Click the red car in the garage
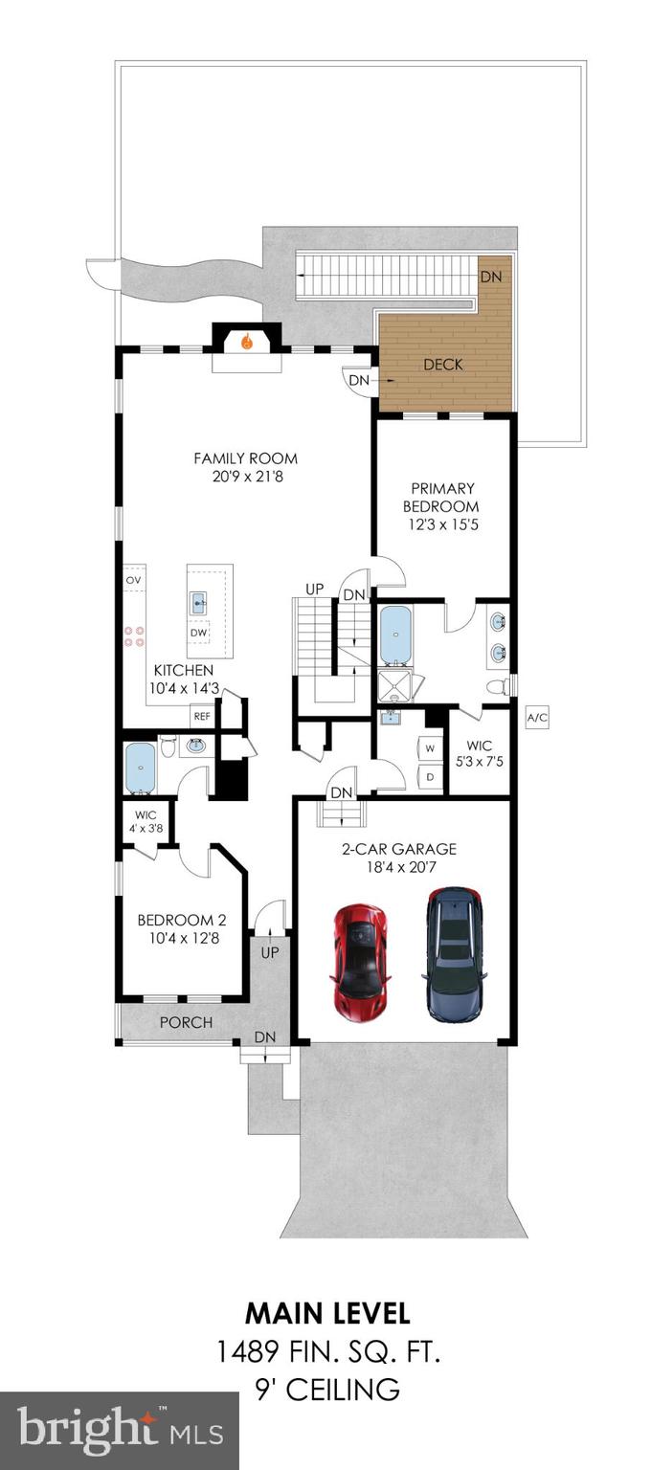[360, 961]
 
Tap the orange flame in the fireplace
[247, 342]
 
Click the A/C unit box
[537, 718]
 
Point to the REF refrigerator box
[201, 716]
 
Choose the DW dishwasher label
[199, 633]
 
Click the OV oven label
[134, 580]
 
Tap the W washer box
[431, 748]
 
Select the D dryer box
[431, 776]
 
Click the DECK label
[443, 365]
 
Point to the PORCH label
[187, 1022]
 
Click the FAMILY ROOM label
[245, 458]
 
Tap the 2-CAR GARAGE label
[399, 849]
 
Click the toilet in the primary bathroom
[499, 687]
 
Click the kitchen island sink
[199, 600]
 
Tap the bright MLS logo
[121, 1428]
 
